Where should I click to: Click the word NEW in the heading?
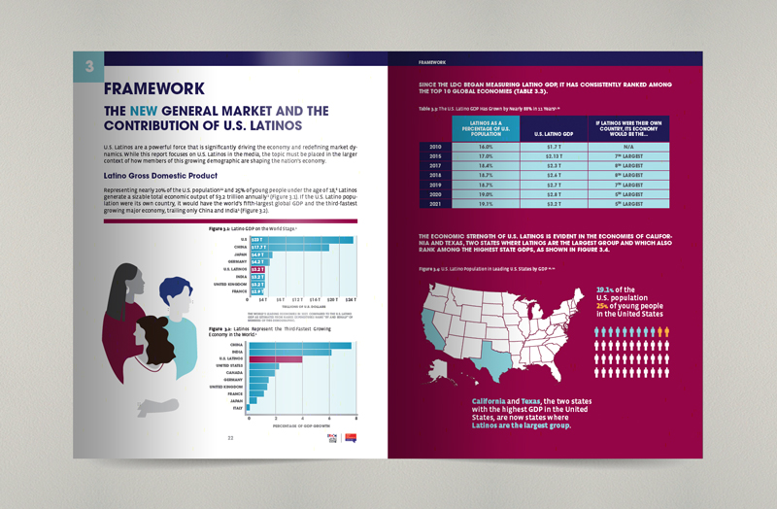pyautogui.click(x=150, y=110)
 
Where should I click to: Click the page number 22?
pyautogui.click(x=230, y=438)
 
